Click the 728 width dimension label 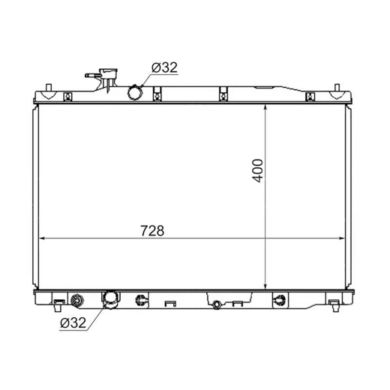[x=152, y=230]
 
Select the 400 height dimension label [x=257, y=171]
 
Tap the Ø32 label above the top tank [x=164, y=67]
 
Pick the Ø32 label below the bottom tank [x=73, y=322]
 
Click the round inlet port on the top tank [x=135, y=93]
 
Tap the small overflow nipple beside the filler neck [x=93, y=75]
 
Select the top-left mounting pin [x=49, y=88]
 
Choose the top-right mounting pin [x=337, y=88]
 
